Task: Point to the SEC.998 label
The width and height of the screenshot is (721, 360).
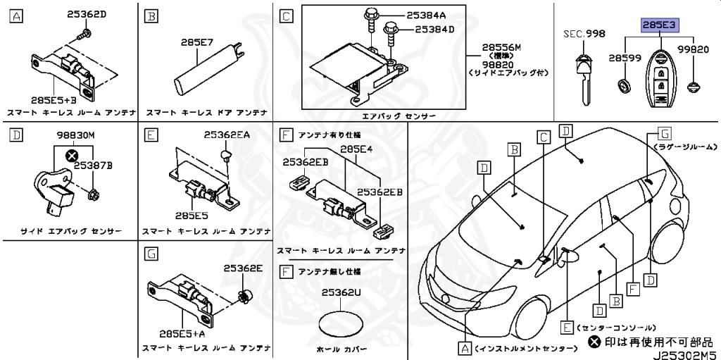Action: point(584,34)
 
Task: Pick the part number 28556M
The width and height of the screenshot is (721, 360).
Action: point(502,47)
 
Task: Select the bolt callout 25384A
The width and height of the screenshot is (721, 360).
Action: point(426,14)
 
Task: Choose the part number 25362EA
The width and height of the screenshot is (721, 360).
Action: point(227,134)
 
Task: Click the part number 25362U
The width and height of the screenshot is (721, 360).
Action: point(341,292)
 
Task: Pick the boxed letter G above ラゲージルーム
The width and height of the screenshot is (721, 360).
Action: point(663,132)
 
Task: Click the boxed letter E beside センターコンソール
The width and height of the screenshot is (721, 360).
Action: point(566,327)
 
